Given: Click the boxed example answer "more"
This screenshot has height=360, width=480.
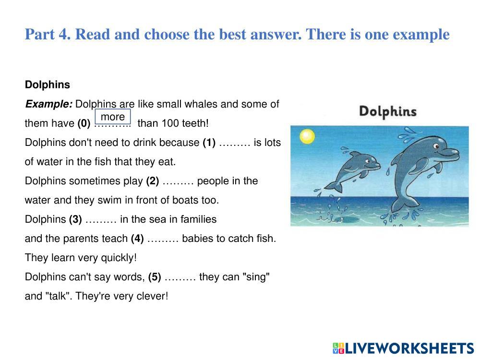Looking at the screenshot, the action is click(113, 117).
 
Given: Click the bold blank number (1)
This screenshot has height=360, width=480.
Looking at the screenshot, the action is click(209, 143).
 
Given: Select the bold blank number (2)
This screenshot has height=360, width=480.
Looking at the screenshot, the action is click(153, 181).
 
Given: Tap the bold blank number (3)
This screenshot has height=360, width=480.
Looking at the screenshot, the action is click(75, 219).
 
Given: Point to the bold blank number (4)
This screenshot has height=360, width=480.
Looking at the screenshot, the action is click(137, 239).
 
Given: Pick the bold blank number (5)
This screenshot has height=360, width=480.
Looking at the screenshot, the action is click(155, 277).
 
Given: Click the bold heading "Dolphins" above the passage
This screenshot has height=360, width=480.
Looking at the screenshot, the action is click(48, 84).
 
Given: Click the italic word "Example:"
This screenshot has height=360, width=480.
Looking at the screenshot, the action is click(48, 104).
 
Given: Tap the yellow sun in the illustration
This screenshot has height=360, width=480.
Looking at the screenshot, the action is click(307, 136).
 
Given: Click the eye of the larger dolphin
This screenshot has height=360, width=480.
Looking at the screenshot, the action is click(436, 146).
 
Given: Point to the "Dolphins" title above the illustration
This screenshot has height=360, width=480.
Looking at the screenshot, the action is click(387, 111).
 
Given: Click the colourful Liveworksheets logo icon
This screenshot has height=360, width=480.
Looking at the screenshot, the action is click(338, 348).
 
